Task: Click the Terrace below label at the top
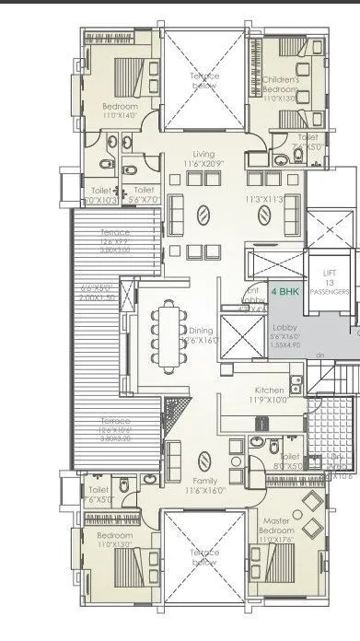[203, 79]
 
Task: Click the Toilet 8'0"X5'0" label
[289, 460]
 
